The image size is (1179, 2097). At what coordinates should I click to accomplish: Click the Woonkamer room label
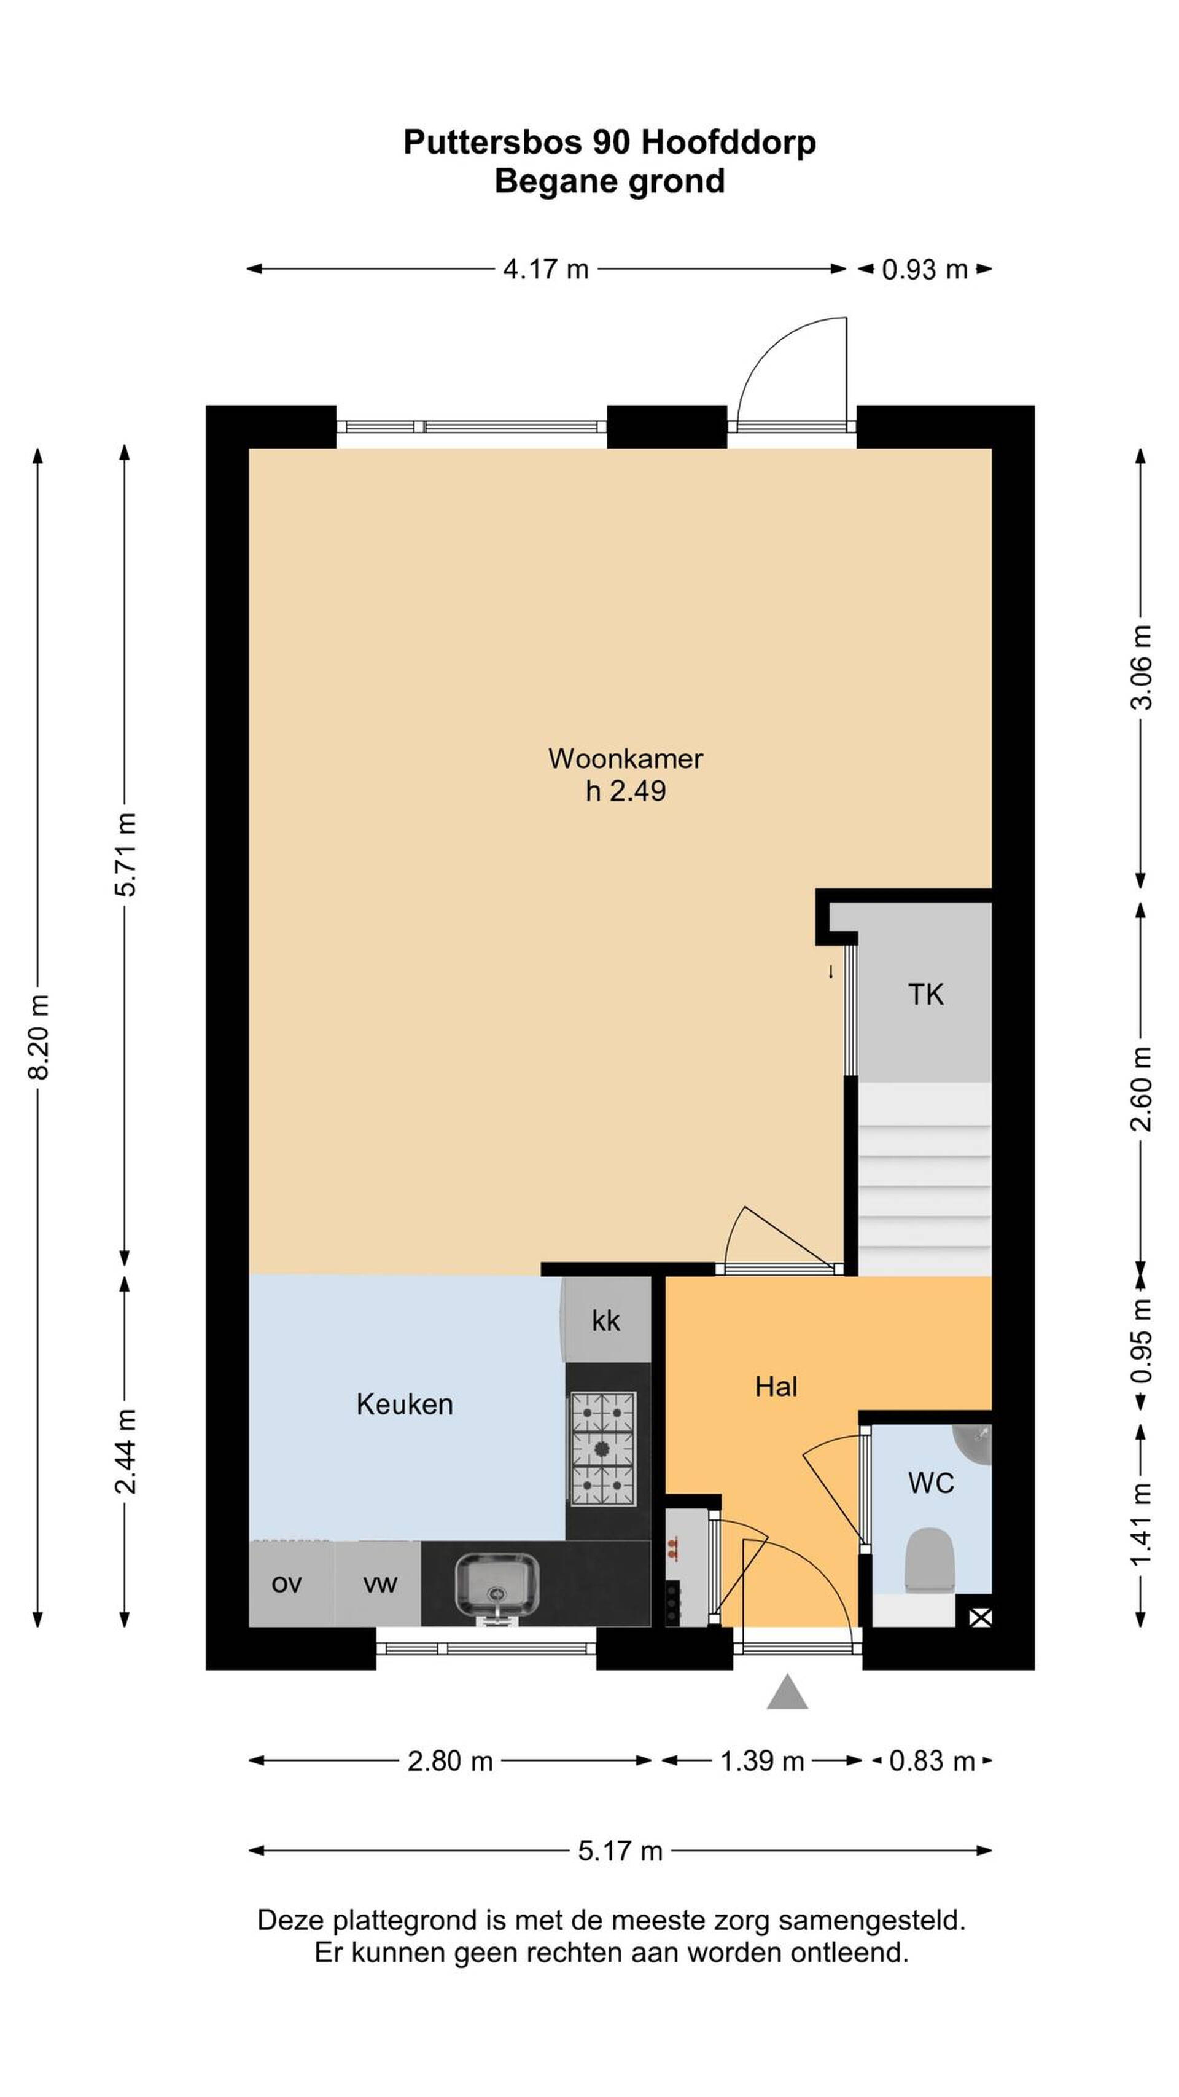point(625,758)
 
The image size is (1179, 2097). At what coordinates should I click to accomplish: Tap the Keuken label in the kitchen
point(405,1404)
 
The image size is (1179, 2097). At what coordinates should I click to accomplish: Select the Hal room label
point(776,1386)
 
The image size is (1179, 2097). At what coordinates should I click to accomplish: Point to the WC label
point(931,1483)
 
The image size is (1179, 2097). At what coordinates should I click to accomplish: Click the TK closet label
point(926,995)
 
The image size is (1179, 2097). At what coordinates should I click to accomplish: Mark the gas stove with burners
point(602,1449)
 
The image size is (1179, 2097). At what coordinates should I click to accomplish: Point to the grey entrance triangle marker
point(787,1693)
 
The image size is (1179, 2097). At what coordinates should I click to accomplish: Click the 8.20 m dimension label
point(38,1037)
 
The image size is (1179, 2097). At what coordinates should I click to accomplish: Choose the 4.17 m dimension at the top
point(545,268)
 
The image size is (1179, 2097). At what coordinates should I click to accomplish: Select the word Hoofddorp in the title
point(729,143)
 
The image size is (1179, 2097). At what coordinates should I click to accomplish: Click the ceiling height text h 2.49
point(626,790)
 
